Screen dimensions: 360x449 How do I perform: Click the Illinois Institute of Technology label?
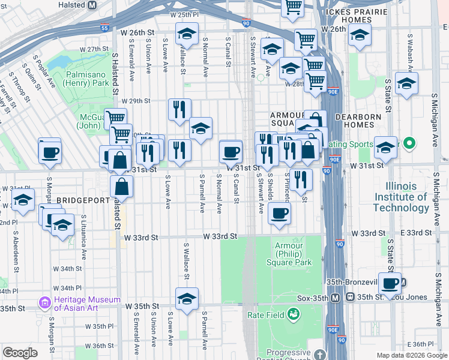[x=402, y=197]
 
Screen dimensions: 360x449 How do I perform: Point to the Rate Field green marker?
[x=293, y=314]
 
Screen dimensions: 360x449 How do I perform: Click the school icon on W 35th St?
[x=187, y=298]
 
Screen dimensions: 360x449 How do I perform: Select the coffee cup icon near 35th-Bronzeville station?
[x=390, y=283]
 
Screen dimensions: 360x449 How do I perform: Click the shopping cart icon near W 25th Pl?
[x=293, y=7]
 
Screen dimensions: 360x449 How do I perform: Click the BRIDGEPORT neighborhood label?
[x=81, y=199]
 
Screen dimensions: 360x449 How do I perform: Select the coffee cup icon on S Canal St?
[x=231, y=151]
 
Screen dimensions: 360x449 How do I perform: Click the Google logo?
[x=20, y=352]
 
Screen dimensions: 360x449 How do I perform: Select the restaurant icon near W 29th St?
[x=179, y=109]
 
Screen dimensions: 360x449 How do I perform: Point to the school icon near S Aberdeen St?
[x=23, y=200]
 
